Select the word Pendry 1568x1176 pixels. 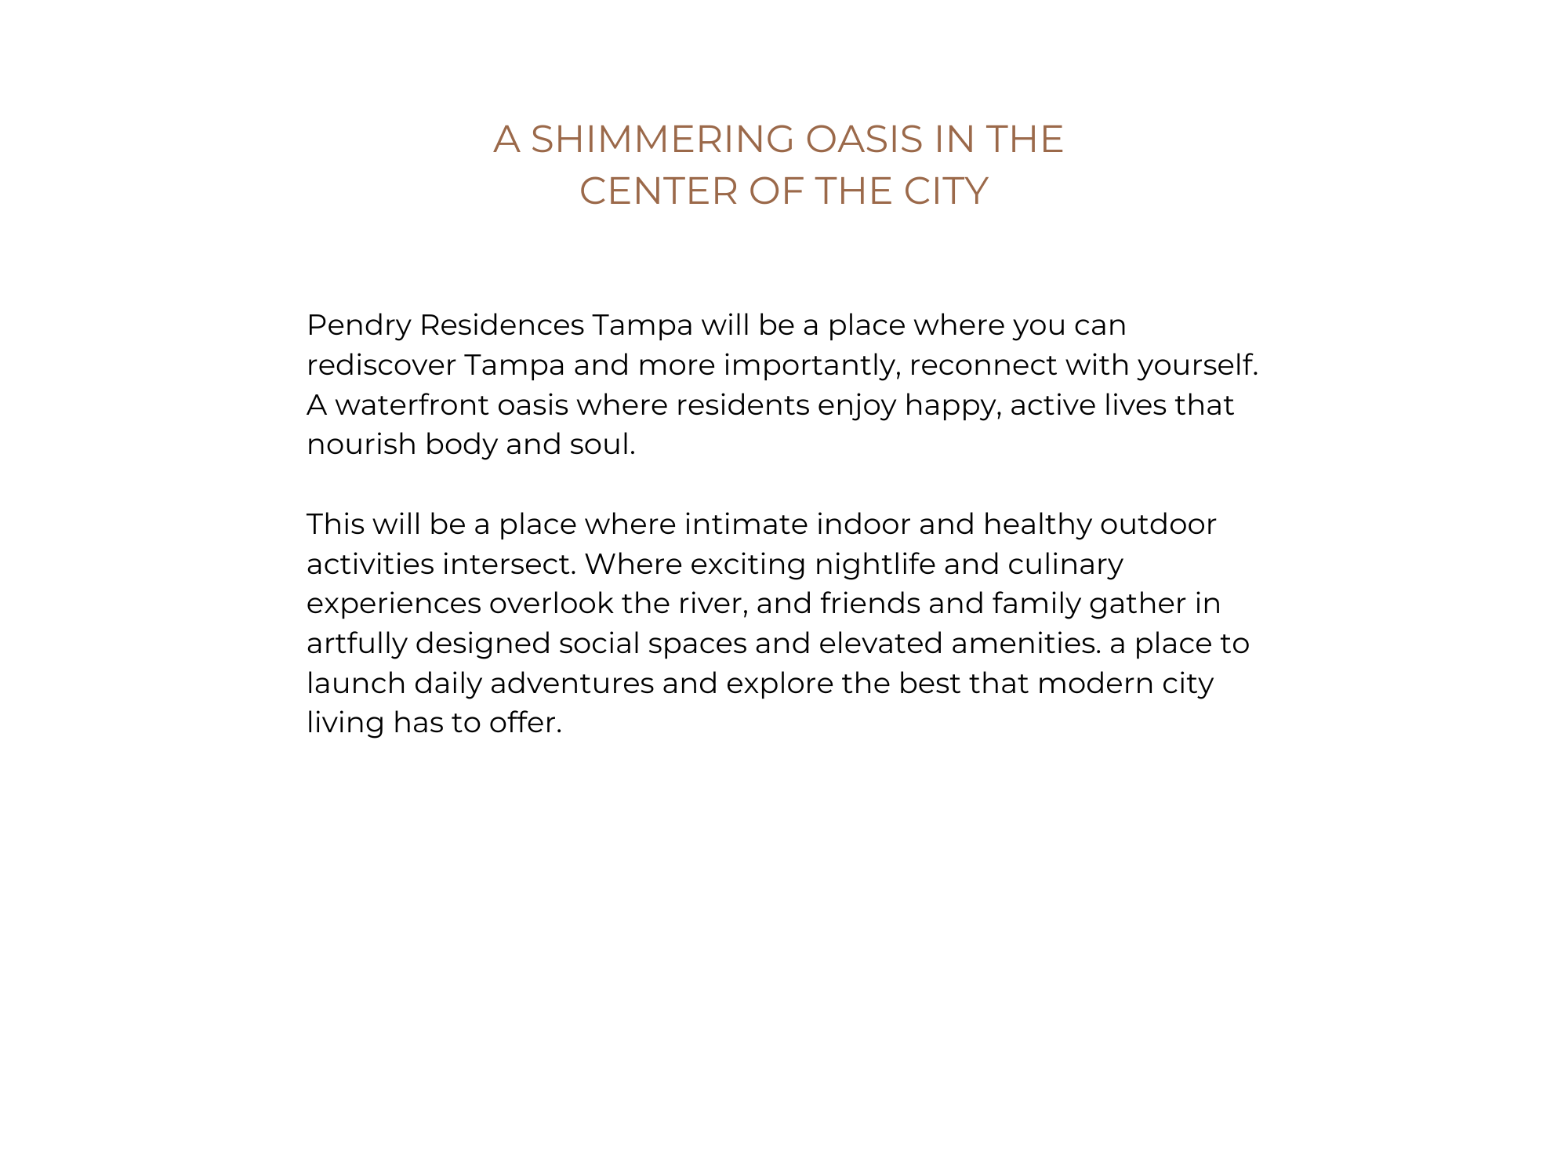[358, 325]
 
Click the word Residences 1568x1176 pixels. [502, 325]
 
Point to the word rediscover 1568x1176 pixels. [381, 365]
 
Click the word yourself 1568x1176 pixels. [1197, 365]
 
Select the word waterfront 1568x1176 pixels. [412, 405]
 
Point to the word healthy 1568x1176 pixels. [1037, 524]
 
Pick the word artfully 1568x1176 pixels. [357, 644]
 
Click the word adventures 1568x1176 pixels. [572, 684]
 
